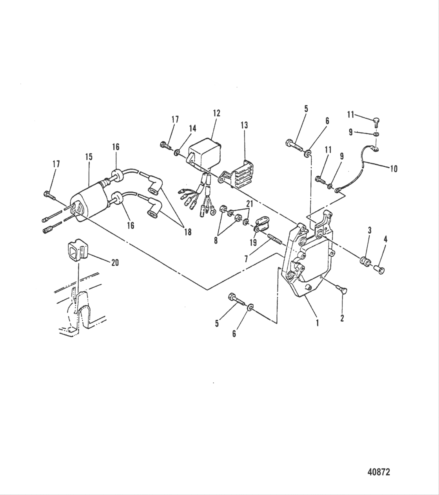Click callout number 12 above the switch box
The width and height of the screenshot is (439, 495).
point(216,113)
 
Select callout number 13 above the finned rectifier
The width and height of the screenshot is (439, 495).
point(244,125)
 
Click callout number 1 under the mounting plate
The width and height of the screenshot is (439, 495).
point(317,323)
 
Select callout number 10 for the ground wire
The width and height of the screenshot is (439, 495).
point(394,169)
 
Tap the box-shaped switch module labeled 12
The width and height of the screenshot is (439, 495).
point(205,153)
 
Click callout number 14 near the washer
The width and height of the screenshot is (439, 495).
point(192,128)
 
